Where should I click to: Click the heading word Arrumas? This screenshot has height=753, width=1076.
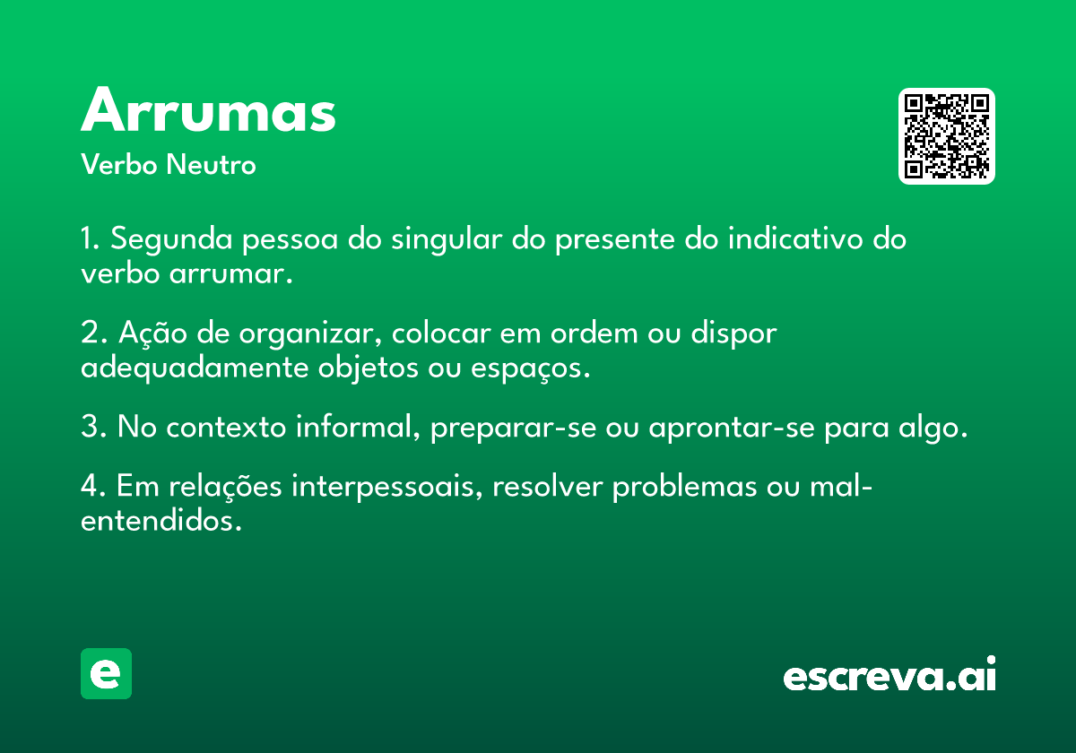[208, 109]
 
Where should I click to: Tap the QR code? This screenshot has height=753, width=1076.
[946, 136]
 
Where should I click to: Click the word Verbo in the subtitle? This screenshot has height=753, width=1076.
[119, 165]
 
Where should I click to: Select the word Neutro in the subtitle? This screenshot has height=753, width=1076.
[211, 165]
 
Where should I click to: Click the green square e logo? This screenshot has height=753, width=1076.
[106, 673]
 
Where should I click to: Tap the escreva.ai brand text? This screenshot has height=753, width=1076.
[889, 673]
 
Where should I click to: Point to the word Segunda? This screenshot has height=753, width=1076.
[171, 239]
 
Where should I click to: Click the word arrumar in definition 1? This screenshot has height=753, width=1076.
[230, 274]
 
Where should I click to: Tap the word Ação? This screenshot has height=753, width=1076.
[152, 333]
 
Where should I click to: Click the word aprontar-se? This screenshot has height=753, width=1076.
[732, 428]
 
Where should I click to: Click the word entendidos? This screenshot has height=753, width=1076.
[161, 521]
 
